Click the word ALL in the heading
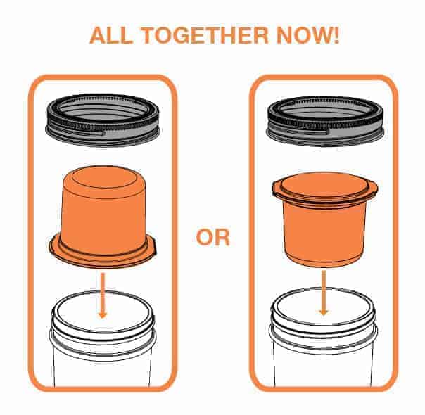pyautogui.click(x=111, y=35)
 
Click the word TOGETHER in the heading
pyautogui.click(x=205, y=35)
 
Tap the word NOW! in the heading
pyautogui.click(x=308, y=35)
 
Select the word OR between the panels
pyautogui.click(x=212, y=237)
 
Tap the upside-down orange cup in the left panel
pyautogui.click(x=103, y=216)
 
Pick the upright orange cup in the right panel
pyautogui.click(x=324, y=219)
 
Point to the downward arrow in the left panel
pyautogui.click(x=103, y=295)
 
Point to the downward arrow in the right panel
pyautogui.click(x=324, y=293)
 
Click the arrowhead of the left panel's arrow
pyautogui.click(x=103, y=314)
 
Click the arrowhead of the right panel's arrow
pyautogui.click(x=324, y=312)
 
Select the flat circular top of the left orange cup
pyautogui.click(x=104, y=177)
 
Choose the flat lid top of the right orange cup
pyautogui.click(x=324, y=184)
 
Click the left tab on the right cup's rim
pyautogui.click(x=277, y=188)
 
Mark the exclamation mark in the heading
pyautogui.click(x=336, y=35)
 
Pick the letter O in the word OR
pyautogui.click(x=205, y=237)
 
